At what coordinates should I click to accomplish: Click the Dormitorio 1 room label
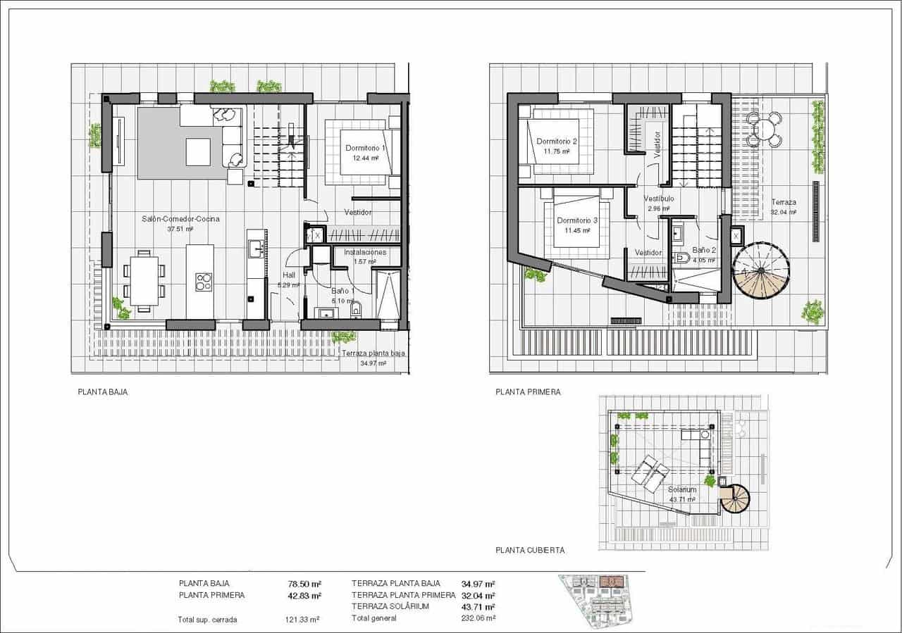point(365,149)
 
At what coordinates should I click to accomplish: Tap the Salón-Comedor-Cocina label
point(180,219)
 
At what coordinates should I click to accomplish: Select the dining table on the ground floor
point(144,280)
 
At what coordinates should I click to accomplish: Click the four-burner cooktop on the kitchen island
point(204,282)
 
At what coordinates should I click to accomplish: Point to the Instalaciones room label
point(365,252)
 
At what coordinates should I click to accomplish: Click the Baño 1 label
point(342,290)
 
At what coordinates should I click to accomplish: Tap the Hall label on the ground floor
point(289,275)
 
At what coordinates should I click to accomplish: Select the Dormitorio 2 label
point(556,142)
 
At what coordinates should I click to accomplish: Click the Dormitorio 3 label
point(576,220)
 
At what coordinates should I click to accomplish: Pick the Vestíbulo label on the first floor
point(659,199)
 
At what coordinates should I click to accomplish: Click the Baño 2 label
point(704,250)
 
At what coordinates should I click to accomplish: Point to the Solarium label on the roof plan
point(682,489)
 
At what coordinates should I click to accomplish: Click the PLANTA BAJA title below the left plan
point(103,392)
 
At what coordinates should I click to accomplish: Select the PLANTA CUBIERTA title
point(530,551)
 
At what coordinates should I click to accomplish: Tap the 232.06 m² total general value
point(478,618)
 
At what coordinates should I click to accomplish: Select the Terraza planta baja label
point(373,353)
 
